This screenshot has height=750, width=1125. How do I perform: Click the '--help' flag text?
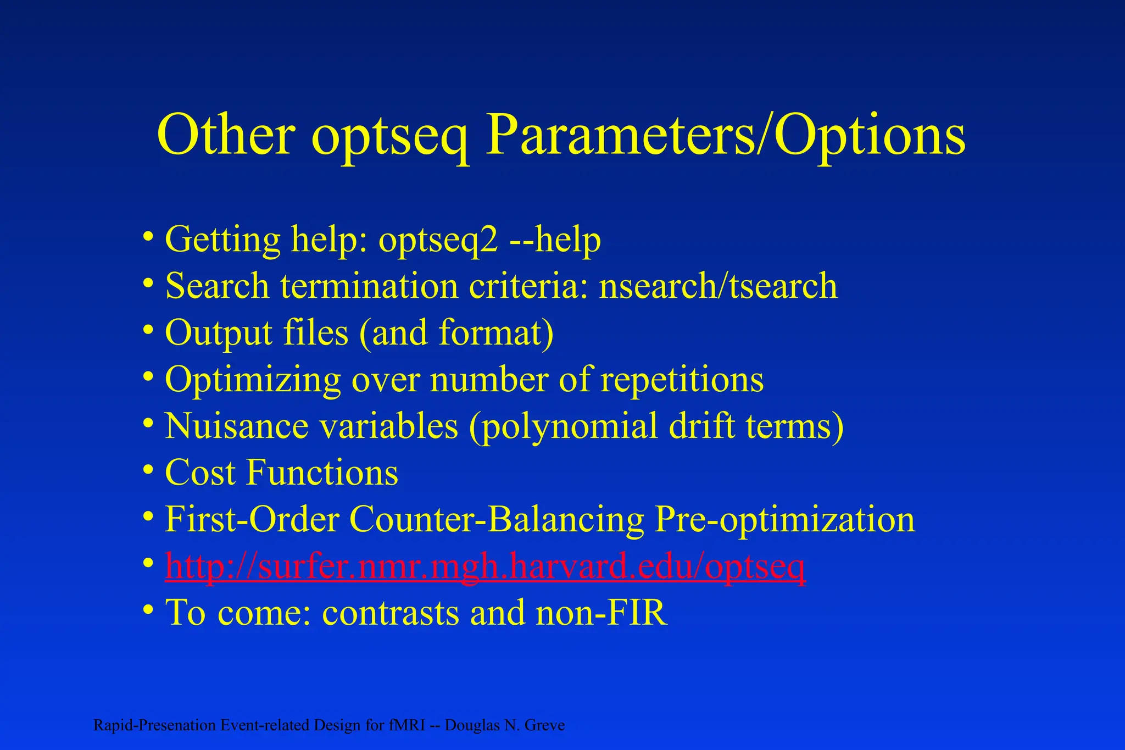pos(555,240)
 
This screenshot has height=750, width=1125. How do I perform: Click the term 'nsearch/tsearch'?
pos(718,286)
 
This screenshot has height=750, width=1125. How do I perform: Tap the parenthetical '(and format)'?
pos(456,334)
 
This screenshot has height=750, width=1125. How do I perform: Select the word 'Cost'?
pos(201,473)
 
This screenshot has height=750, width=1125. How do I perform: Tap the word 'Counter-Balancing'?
pos(497,520)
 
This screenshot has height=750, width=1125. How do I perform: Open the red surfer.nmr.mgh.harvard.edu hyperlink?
pos(485,566)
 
